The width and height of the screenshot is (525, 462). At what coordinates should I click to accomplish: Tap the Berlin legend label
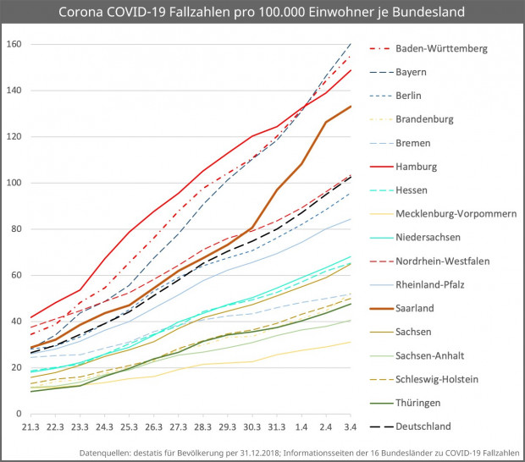[x=412, y=96]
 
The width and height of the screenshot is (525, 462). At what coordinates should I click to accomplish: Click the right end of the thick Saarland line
[x=351, y=107]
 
